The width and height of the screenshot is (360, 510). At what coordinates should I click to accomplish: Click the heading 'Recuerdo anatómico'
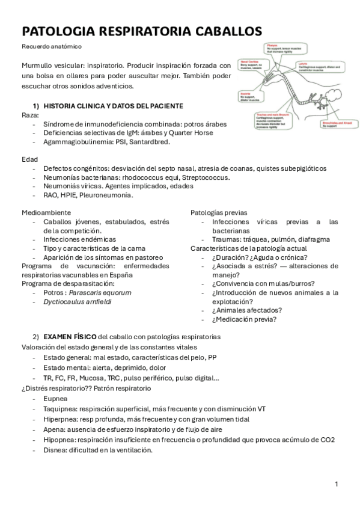point(52,46)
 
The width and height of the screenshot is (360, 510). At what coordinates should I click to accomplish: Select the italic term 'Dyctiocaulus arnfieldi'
point(78,302)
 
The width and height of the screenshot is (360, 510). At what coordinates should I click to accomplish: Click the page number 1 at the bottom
point(337,484)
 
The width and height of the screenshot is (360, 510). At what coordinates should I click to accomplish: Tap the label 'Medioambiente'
point(46,212)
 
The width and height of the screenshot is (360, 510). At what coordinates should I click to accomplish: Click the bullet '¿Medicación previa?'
point(244,319)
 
